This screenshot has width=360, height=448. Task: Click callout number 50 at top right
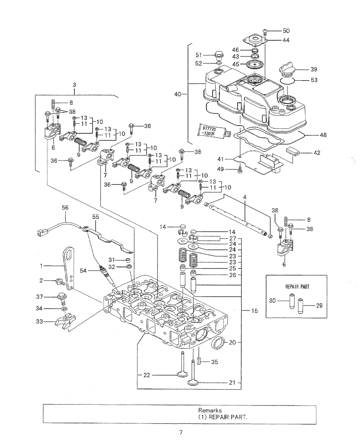click(286, 30)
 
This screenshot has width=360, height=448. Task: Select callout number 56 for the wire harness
click(65, 207)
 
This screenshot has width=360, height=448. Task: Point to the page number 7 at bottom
click(180, 432)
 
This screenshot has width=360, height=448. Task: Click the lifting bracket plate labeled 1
click(69, 264)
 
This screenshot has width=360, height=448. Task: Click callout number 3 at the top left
click(74, 84)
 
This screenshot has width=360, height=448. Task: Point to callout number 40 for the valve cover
click(178, 94)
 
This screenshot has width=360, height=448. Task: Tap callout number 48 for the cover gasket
click(323, 134)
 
